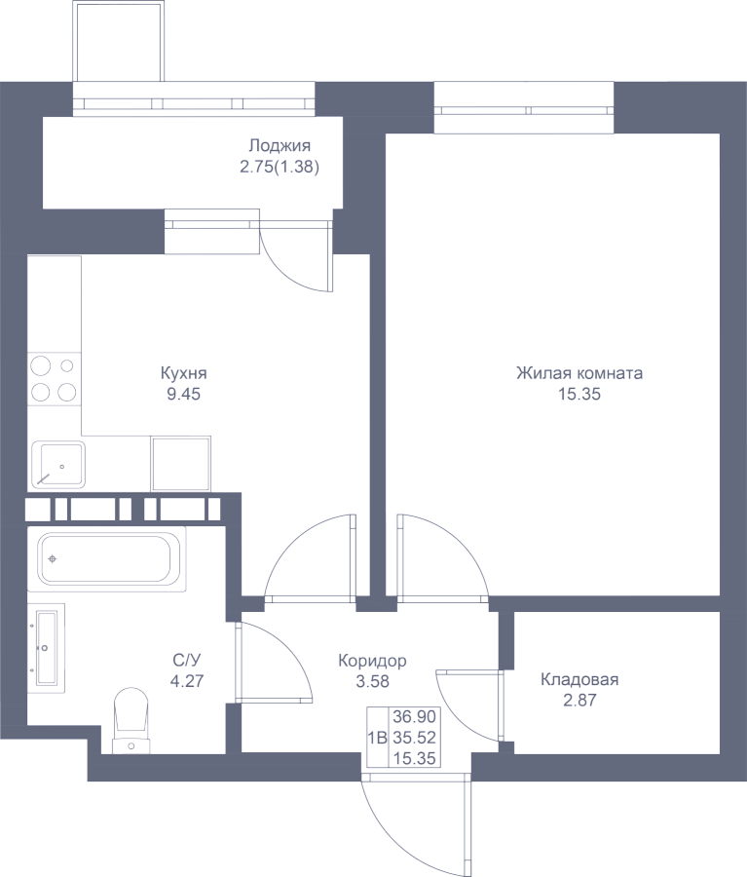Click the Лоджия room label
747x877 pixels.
tap(280, 146)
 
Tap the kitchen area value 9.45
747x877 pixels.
tap(183, 394)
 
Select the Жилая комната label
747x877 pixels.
tap(579, 373)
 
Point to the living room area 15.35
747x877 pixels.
tap(579, 394)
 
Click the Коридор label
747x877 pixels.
tap(372, 661)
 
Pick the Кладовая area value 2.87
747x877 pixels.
tap(579, 700)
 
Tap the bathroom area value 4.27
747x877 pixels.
tap(187, 681)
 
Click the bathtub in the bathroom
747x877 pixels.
tap(107, 558)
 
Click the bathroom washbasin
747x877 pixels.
tap(46, 648)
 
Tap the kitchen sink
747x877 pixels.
tap(58, 464)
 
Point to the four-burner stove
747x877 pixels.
tap(55, 379)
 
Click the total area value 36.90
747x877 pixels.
tap(414, 716)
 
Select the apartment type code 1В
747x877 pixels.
tap(378, 738)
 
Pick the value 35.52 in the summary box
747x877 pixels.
tap(414, 738)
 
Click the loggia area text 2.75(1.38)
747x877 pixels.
tap(280, 167)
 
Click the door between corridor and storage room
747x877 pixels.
tap(469, 705)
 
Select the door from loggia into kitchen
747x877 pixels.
tap(296, 256)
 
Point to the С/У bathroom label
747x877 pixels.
tap(187, 661)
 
